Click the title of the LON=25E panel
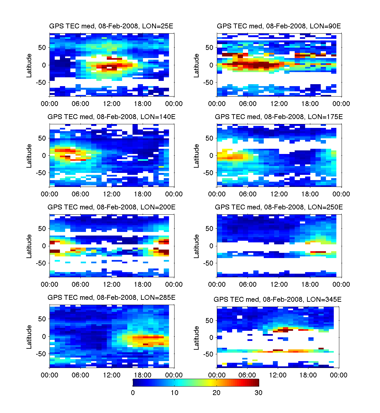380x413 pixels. click(x=111, y=26)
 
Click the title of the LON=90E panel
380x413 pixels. click(x=279, y=26)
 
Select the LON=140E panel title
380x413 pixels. click(x=111, y=117)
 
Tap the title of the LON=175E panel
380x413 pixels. click(x=279, y=117)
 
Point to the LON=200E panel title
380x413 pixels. click(x=111, y=207)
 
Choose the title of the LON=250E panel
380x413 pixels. click(x=279, y=207)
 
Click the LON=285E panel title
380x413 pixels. click(x=111, y=298)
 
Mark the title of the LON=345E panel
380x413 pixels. click(x=277, y=299)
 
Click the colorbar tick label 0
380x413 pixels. click(x=133, y=393)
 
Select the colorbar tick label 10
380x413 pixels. click(x=175, y=393)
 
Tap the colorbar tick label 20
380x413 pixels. click(x=217, y=393)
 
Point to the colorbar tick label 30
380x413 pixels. click(x=258, y=393)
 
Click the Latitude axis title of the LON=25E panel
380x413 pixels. click(x=29, y=65)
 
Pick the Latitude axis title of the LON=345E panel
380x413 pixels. click(x=196, y=338)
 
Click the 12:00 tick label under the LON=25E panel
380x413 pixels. click(x=112, y=104)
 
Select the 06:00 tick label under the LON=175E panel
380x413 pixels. click(x=248, y=194)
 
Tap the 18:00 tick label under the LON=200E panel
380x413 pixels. click(x=143, y=284)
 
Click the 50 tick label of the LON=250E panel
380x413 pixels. click(x=209, y=228)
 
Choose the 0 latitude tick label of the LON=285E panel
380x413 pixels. click(x=44, y=336)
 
